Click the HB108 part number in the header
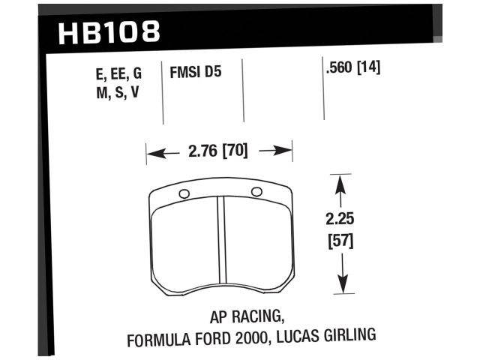click(109, 31)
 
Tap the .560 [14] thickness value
click(353, 67)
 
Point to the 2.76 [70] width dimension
click(218, 152)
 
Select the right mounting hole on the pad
click(256, 192)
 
